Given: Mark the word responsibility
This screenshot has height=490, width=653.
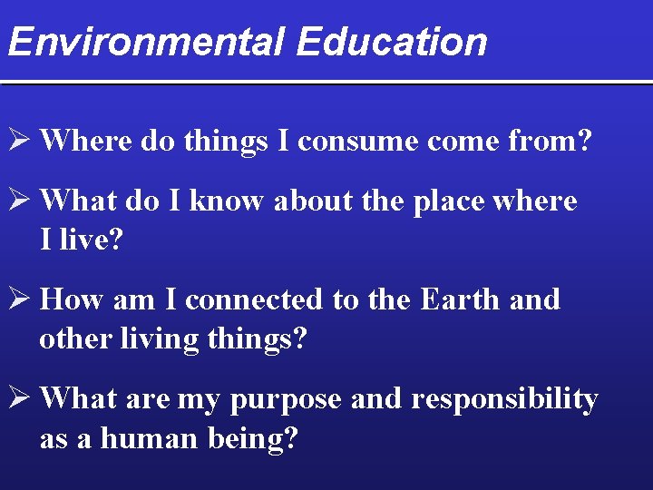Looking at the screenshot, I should pos(504,399).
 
